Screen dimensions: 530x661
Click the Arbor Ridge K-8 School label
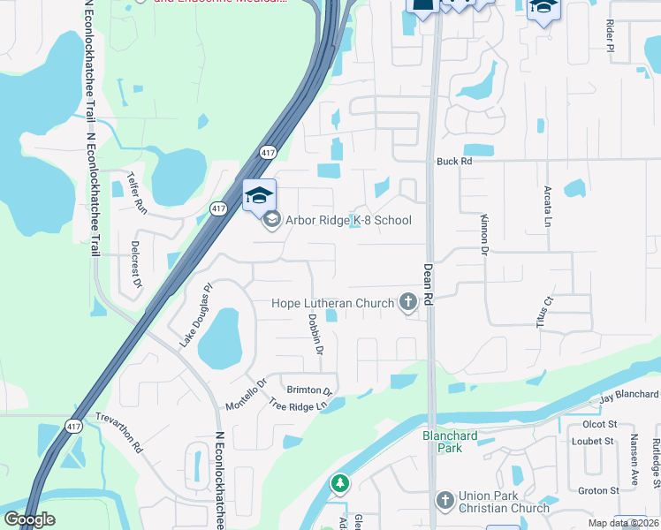348,220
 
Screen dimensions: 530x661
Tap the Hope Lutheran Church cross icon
408,303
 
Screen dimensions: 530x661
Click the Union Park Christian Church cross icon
445,501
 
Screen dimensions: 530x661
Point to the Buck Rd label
455,162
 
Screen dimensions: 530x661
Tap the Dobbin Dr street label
316,332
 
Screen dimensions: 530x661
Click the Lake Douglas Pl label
196,314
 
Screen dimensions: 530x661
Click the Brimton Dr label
308,390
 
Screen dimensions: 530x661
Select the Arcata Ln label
548,205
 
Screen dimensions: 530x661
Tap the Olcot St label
599,424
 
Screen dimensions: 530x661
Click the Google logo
28,519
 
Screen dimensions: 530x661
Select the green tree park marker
339,484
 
